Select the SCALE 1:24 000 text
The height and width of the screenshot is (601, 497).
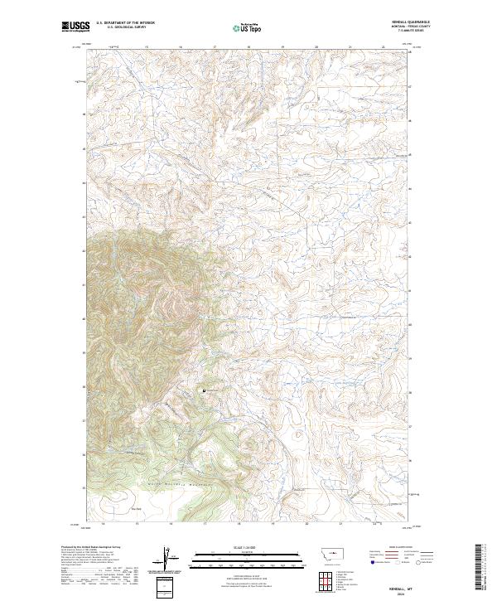point(236,547)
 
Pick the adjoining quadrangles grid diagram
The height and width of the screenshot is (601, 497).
point(324,577)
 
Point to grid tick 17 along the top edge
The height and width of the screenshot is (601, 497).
point(215,47)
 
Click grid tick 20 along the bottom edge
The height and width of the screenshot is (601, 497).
point(306,524)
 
